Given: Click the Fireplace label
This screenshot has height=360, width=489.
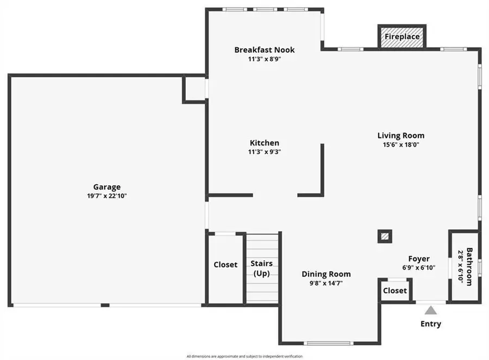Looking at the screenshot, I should tap(402, 37).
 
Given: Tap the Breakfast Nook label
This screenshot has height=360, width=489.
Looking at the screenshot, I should tap(264, 50).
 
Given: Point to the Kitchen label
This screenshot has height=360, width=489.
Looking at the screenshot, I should tap(264, 143).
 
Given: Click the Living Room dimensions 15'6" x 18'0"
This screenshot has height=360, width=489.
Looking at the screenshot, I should tap(401, 145).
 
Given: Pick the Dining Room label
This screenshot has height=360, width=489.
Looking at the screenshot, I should tap(326, 274).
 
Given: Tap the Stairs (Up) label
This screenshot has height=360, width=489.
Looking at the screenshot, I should tap(261, 268).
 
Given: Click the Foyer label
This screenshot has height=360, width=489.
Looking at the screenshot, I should tap(419, 259).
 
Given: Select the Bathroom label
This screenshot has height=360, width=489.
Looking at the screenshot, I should tap(469, 267).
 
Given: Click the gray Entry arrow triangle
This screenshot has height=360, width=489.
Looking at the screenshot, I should tap(431, 311).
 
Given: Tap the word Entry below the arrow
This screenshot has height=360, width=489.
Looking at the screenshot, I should tap(431, 324).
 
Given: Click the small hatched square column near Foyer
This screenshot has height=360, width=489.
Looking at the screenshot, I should tap(385, 236).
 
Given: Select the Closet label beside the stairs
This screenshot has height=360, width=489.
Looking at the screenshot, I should tap(225, 265).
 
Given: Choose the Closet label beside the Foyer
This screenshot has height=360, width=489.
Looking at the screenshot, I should tap(394, 290).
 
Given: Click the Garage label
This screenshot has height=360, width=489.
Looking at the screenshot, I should tap(106, 187).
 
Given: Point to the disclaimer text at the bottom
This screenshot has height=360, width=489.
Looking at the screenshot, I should tap(244, 356).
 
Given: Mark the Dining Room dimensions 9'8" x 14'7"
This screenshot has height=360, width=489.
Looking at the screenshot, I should tap(326, 283).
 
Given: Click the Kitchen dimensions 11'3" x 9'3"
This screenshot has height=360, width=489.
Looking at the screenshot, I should tap(264, 152).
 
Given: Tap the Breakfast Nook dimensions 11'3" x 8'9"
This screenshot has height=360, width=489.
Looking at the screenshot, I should tap(264, 59).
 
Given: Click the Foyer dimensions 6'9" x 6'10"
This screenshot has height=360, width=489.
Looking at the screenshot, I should tap(419, 267).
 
